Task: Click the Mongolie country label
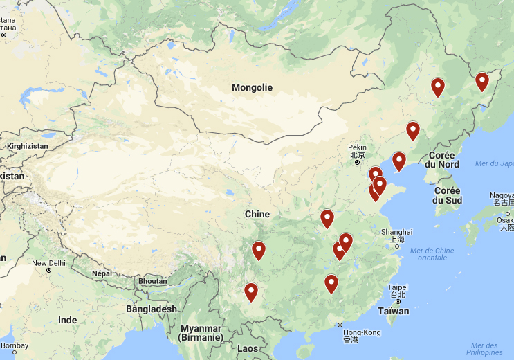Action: pyautogui.click(x=252, y=88)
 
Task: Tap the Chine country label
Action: pyautogui.click(x=257, y=214)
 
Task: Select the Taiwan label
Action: pyautogui.click(x=394, y=311)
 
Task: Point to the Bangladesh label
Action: pyautogui.click(x=151, y=309)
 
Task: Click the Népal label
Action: pyautogui.click(x=102, y=273)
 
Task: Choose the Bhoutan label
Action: pyautogui.click(x=152, y=281)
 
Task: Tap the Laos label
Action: pyautogui.click(x=247, y=348)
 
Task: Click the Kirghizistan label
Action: pyautogui.click(x=28, y=147)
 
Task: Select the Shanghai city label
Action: pyautogui.click(x=396, y=232)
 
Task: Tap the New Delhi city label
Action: pyautogui.click(x=48, y=263)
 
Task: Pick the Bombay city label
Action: pyautogui.click(x=15, y=345)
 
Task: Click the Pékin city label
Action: pyautogui.click(x=357, y=147)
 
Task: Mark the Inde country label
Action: pyautogui.click(x=67, y=320)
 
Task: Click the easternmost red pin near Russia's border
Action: pyautogui.click(x=482, y=82)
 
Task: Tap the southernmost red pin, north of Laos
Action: pyautogui.click(x=251, y=292)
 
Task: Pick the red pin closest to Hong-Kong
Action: pyautogui.click(x=331, y=284)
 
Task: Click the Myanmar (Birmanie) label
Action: pyautogui.click(x=201, y=332)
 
